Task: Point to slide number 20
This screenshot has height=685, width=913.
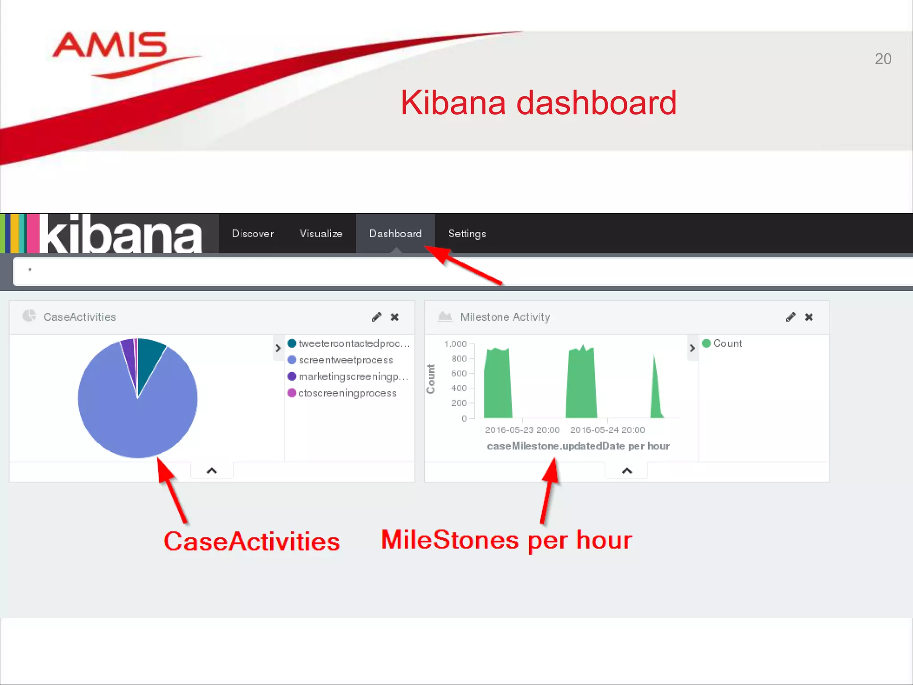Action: pos(883,59)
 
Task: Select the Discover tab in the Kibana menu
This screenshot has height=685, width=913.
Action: pos(253,234)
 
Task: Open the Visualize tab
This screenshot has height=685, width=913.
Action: pos(321,234)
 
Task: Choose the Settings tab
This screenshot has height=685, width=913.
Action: pos(467,234)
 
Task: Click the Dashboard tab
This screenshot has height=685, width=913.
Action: pos(395,234)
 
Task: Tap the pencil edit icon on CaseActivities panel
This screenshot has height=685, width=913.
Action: pos(376,317)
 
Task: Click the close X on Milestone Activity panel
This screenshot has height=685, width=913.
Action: pos(809,317)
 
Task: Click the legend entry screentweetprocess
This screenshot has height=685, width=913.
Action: pos(345,360)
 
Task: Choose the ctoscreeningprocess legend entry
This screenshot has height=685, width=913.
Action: pos(347,393)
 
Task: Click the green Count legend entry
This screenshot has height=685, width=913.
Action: pos(727,343)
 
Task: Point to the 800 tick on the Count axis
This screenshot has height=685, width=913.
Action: pos(459,359)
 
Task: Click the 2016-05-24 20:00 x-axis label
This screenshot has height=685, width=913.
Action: pos(607,430)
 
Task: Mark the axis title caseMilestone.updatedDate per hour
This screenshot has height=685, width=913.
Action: pos(578,446)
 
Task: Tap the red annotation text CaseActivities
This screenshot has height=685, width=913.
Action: pos(251,541)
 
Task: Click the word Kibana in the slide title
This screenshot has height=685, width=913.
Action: pos(452,103)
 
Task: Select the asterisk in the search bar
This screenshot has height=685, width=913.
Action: pos(30,270)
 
